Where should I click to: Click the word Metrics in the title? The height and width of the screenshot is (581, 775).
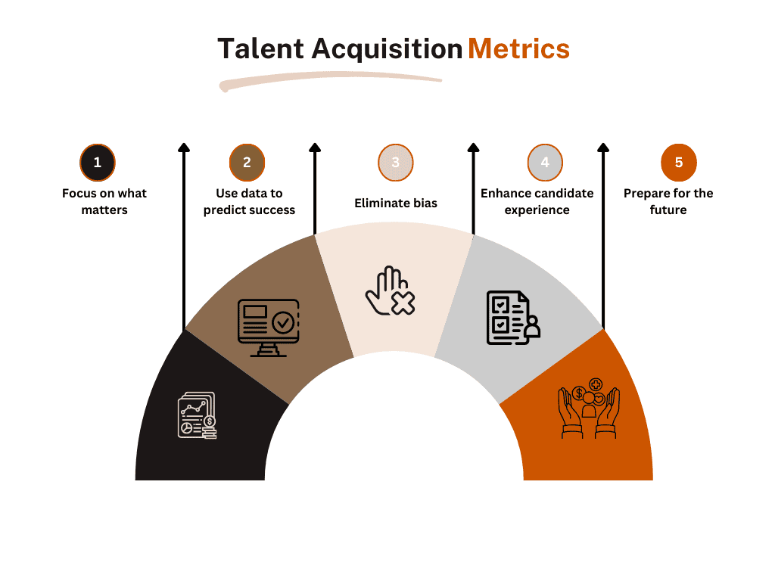pyautogui.click(x=519, y=49)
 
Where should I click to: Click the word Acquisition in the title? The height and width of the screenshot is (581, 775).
pyautogui.click(x=387, y=50)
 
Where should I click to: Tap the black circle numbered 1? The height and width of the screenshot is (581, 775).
pyautogui.click(x=98, y=163)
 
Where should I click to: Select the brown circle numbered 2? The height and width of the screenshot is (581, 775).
pyautogui.click(x=247, y=163)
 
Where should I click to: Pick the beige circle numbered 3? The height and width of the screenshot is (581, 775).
pyautogui.click(x=395, y=163)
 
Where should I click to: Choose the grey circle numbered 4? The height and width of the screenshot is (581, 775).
pyautogui.click(x=545, y=163)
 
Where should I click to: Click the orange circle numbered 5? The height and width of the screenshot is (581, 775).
pyautogui.click(x=679, y=163)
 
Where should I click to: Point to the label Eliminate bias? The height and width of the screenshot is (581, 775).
pyautogui.click(x=396, y=203)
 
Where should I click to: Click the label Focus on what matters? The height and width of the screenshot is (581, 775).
pyautogui.click(x=104, y=201)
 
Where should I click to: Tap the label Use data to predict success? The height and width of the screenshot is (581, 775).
pyautogui.click(x=249, y=201)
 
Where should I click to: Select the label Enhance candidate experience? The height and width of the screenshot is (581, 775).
pyautogui.click(x=537, y=201)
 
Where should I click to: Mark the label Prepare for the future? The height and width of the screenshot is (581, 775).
pyautogui.click(x=668, y=201)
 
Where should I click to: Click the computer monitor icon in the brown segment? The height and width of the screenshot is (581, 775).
pyautogui.click(x=269, y=328)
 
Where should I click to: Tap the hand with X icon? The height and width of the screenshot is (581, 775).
pyautogui.click(x=390, y=291)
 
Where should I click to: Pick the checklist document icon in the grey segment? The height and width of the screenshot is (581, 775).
pyautogui.click(x=514, y=318)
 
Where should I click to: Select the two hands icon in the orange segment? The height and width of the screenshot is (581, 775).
pyautogui.click(x=589, y=409)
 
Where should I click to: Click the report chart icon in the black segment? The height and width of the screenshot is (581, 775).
pyautogui.click(x=198, y=415)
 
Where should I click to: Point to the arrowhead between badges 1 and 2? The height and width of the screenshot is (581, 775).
pyautogui.click(x=184, y=148)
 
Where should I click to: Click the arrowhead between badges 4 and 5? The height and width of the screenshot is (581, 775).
pyautogui.click(x=603, y=148)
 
